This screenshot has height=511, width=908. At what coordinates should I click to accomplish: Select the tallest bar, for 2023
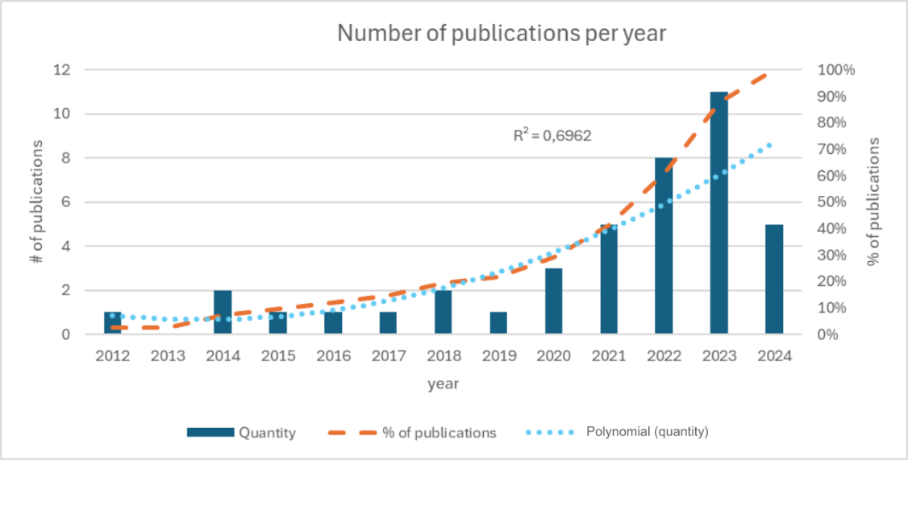(718, 213)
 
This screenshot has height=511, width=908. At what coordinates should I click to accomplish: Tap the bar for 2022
(664, 246)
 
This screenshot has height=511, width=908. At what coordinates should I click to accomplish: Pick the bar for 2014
(223, 312)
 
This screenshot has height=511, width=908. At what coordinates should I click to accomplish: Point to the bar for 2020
(554, 301)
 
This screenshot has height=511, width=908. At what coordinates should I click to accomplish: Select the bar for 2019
(499, 322)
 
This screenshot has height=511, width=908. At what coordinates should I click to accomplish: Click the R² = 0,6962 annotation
(552, 136)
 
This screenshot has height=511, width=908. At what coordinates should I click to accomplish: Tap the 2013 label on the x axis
(168, 355)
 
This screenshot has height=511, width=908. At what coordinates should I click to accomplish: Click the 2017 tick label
(389, 355)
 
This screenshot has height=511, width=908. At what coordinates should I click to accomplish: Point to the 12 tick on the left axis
(62, 70)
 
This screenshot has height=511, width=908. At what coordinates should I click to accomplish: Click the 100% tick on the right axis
(835, 70)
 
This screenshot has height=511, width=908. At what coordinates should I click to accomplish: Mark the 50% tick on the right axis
(832, 202)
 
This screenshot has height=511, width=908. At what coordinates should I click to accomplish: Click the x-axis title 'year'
(443, 384)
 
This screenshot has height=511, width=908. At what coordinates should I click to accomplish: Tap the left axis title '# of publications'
(38, 202)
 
